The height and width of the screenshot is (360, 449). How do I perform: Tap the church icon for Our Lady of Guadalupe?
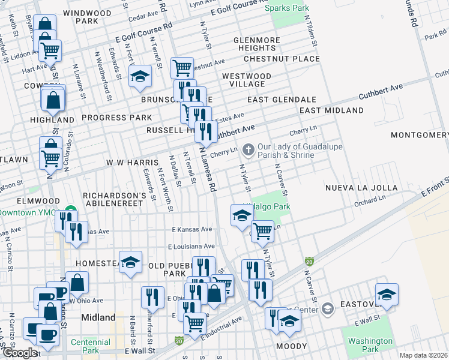click(x=249, y=148)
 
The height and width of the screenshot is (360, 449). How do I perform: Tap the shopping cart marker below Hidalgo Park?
click(x=262, y=230)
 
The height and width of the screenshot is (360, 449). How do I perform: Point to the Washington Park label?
click(x=370, y=345)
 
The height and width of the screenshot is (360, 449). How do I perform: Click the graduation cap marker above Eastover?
click(x=387, y=295)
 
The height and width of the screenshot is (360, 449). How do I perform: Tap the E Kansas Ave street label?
click(x=191, y=229)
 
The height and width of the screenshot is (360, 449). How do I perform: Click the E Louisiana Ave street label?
click(x=191, y=246)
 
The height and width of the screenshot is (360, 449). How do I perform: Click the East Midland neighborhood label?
click(x=331, y=110)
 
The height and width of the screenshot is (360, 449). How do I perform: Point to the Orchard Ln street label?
click(x=369, y=201)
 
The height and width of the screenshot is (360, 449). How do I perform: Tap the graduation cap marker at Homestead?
click(x=130, y=262)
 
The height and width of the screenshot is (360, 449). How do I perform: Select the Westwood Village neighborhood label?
click(x=246, y=80)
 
